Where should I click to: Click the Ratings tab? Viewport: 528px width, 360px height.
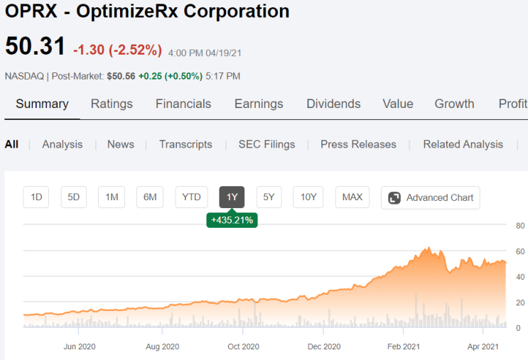tap(112, 104)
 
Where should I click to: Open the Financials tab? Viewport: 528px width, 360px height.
tap(183, 104)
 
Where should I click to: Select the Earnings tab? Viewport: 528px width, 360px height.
tap(259, 104)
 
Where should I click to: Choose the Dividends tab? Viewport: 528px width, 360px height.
tap(334, 104)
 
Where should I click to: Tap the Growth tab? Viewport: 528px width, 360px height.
tap(454, 104)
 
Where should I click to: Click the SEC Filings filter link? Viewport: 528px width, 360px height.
tap(266, 144)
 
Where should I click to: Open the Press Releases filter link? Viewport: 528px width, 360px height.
tap(358, 144)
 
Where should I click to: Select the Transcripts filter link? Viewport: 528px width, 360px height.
tap(185, 144)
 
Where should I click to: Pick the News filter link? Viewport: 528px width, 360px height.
tap(121, 144)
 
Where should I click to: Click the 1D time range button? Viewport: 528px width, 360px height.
tap(36, 197)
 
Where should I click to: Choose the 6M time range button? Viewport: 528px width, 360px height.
tap(149, 197)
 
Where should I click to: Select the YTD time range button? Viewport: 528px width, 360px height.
tap(191, 197)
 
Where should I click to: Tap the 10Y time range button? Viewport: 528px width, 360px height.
tap(308, 197)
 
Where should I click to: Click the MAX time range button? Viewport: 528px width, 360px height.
tap(352, 197)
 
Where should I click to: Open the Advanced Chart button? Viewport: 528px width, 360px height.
tap(431, 197)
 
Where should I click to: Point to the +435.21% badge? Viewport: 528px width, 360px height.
tap(232, 220)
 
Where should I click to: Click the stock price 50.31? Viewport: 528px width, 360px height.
tap(35, 47)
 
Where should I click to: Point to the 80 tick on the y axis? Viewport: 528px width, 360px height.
tap(520, 226)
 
